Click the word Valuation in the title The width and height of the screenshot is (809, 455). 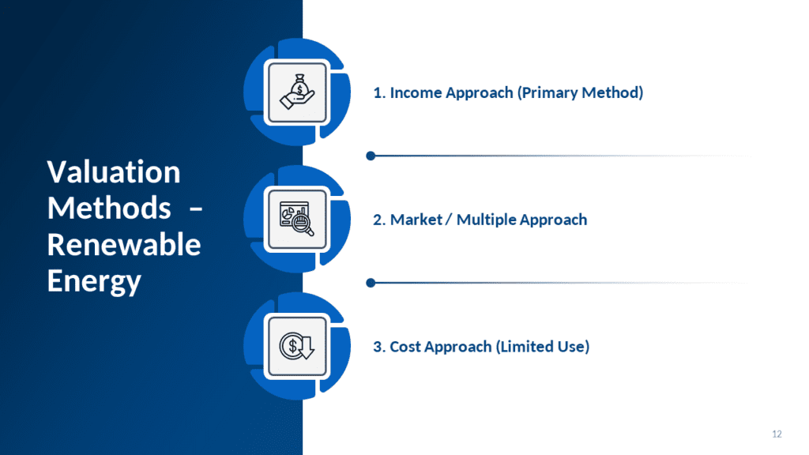point(114,171)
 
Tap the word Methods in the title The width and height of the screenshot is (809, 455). point(109,208)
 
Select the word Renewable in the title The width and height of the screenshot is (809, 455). point(124,244)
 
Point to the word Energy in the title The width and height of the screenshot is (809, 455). point(94,281)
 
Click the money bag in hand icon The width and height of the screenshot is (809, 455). point(297,92)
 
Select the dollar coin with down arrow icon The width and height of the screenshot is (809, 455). point(297,346)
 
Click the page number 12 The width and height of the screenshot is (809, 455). point(777,434)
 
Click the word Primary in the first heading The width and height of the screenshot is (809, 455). point(547,93)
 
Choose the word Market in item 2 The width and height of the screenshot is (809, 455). point(416,220)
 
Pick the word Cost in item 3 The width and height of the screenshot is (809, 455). point(405,347)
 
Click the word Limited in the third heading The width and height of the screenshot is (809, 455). point(517,347)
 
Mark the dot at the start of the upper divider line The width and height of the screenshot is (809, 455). point(371,156)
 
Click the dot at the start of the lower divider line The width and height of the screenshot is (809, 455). point(371,283)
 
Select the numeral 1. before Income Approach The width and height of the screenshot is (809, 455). point(379,93)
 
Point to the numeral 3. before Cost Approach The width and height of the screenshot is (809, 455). point(379,347)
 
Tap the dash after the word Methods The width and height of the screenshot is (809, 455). point(196,209)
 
